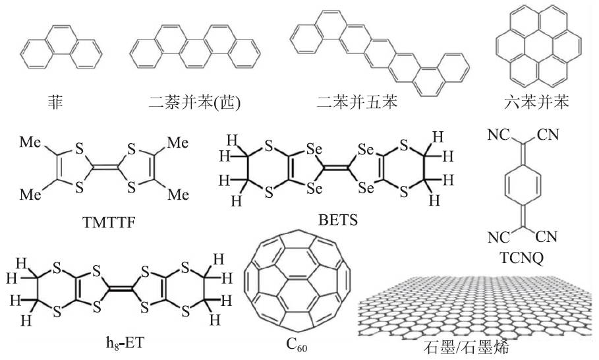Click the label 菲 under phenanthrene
52,103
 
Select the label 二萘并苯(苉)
194,103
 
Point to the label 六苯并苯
535,103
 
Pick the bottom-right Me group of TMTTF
177,195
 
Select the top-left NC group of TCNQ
498,136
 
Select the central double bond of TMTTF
103,168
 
